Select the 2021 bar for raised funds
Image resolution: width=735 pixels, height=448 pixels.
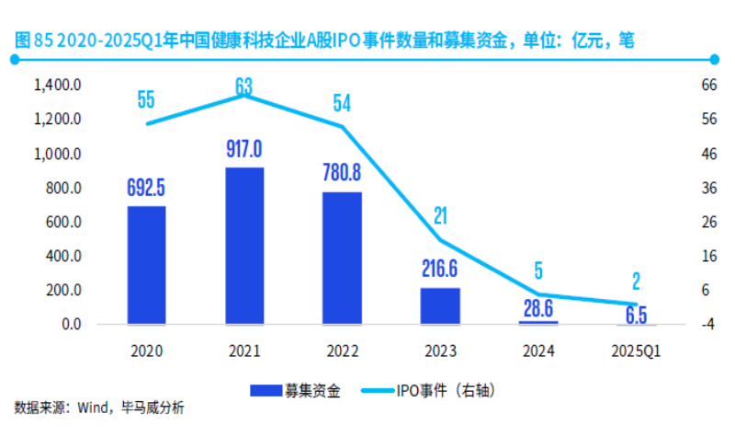tap(244, 246)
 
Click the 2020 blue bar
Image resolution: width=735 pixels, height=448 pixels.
tap(146, 265)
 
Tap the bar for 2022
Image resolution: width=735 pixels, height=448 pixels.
tap(343, 258)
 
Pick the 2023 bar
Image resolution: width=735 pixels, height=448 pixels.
tap(440, 305)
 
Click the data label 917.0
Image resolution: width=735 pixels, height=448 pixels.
tap(244, 149)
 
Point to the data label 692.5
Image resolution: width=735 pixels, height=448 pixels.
tap(146, 188)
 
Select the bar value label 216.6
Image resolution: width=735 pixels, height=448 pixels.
tap(440, 270)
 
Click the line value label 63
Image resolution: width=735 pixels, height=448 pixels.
tap(244, 86)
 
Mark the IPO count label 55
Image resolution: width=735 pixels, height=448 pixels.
tap(146, 99)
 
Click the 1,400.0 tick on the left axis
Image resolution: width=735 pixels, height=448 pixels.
tap(58, 86)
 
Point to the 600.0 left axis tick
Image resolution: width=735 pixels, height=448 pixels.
tap(64, 223)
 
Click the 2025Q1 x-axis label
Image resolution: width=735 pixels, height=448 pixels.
tap(636, 350)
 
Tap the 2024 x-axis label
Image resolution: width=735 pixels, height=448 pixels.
tap(538, 350)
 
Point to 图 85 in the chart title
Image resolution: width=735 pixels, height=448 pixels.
tap(30, 40)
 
